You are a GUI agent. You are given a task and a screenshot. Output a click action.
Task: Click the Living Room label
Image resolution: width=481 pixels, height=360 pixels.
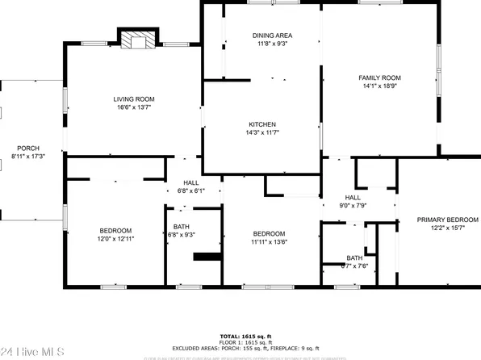(133, 98)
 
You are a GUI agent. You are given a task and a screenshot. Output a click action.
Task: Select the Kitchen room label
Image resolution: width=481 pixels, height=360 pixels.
(261, 123)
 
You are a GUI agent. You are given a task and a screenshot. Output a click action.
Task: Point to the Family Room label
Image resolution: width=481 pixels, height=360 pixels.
(379, 77)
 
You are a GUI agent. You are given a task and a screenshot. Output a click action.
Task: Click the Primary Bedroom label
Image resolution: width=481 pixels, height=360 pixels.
(446, 220)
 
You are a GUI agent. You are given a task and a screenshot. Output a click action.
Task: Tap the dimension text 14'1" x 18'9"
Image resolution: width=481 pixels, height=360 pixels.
(379, 87)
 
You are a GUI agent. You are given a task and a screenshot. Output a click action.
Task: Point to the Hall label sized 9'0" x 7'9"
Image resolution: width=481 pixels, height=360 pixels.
(353, 197)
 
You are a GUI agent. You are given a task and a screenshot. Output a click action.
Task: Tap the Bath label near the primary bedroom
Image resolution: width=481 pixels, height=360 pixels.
(354, 257)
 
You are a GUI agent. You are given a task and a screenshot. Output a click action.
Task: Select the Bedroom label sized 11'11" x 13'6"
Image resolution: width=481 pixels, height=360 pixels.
(268, 232)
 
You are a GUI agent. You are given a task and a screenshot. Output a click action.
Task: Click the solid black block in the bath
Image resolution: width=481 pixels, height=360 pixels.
(207, 258)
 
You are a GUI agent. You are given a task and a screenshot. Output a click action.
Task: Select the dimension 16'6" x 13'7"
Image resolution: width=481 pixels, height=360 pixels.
(133, 107)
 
